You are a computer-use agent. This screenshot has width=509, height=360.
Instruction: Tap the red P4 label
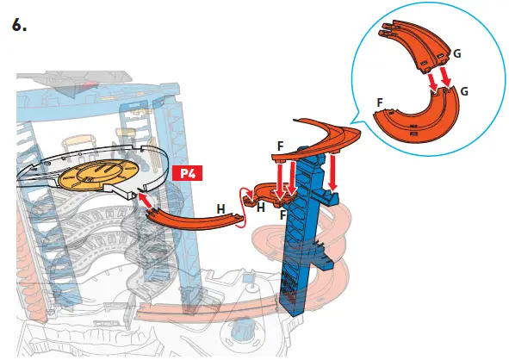[187, 173]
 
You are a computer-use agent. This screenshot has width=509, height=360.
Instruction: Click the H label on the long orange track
[222, 209]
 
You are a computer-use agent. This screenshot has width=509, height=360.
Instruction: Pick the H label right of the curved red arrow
[260, 208]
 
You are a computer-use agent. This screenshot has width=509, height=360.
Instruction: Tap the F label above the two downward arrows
[282, 147]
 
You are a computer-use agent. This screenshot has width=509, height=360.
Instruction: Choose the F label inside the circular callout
[380, 101]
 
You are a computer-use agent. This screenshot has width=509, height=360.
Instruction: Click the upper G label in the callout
[456, 53]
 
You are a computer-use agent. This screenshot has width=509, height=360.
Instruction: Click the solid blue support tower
[306, 250]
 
